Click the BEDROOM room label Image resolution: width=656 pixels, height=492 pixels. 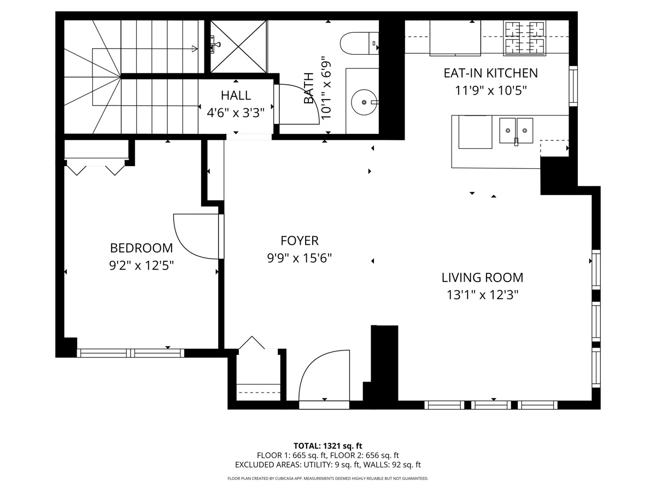tap(142, 248)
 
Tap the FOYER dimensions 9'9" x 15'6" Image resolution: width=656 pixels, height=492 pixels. tap(300, 258)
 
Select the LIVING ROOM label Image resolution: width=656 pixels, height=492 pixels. tap(482, 277)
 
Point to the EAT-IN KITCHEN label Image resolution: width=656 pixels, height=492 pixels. tap(490, 73)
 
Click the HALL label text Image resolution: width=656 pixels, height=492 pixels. tap(236, 96)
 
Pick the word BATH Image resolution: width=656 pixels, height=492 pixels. tap(309, 89)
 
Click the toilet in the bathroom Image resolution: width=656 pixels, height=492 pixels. tap(358, 43)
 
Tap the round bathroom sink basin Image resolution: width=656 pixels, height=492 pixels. tap(363, 102)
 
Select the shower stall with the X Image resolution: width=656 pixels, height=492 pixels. tap(239, 46)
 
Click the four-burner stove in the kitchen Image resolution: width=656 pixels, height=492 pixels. tap(524, 38)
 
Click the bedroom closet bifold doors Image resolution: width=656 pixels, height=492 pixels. tap(96, 168)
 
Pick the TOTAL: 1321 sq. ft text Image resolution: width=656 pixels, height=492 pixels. tap(327, 446)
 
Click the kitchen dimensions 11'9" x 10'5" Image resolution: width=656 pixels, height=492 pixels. tap(490, 90)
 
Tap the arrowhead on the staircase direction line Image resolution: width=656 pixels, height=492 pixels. tap(195, 49)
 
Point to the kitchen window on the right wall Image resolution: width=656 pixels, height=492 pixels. tap(573, 86)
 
